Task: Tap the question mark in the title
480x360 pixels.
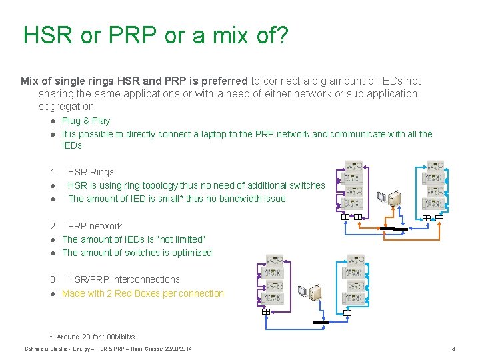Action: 281,35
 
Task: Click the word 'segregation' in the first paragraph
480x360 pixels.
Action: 66,106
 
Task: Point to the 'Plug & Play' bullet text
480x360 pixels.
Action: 86,121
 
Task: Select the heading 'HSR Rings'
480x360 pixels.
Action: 91,172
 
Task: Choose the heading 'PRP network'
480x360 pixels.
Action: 95,226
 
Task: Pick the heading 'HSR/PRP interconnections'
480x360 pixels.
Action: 123,279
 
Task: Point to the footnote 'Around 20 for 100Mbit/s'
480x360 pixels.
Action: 95,337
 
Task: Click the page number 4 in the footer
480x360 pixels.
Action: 453,349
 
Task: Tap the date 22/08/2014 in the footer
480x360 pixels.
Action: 177,349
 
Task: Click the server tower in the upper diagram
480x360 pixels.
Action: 395,199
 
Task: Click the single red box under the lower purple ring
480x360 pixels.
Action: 265,311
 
